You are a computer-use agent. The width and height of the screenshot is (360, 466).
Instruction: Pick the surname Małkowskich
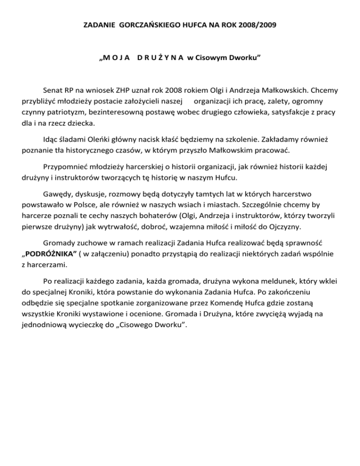click(x=278, y=89)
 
